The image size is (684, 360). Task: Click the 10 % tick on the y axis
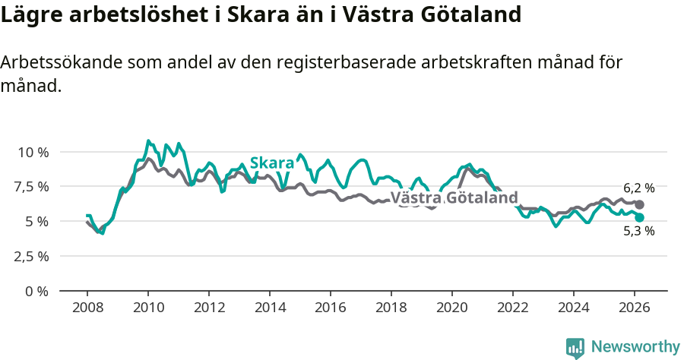point(33,152)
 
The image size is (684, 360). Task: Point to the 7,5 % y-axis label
point(33,187)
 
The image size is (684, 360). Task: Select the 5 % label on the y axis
point(37,221)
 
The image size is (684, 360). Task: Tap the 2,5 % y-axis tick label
point(33,256)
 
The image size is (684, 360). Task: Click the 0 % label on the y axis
point(37,291)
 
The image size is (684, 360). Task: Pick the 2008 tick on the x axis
point(87,308)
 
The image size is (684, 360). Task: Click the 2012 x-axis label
point(209,308)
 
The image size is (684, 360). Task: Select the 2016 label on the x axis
point(331,308)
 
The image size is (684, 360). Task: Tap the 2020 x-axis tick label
point(452,308)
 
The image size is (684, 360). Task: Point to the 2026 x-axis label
point(635,308)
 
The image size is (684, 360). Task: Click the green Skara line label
point(271,163)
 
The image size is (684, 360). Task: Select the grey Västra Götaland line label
point(459,198)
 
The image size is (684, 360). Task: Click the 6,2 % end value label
point(638,188)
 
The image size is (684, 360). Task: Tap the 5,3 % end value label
point(638,232)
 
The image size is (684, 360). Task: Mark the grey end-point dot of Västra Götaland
point(639,204)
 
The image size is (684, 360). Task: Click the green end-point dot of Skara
point(639,217)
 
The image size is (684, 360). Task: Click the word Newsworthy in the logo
point(635,346)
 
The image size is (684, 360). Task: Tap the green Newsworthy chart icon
point(575,347)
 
